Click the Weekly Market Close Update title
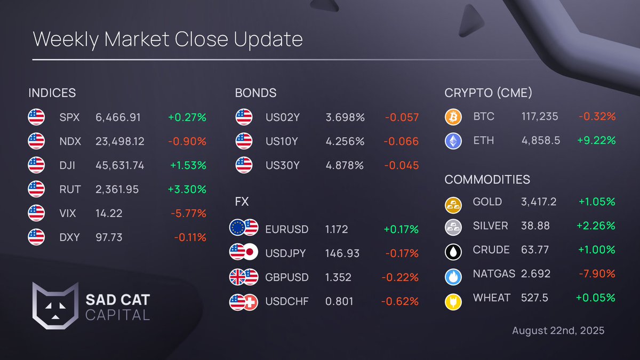(167, 39)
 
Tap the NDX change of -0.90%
(187, 141)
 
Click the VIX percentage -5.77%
(188, 213)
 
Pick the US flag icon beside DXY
(36, 237)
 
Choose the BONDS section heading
(255, 93)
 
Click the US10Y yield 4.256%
(345, 141)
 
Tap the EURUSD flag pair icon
(243, 229)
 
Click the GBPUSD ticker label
(287, 277)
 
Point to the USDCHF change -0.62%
(399, 301)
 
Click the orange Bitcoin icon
(453, 117)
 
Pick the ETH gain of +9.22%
(596, 140)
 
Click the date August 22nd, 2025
(558, 331)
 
